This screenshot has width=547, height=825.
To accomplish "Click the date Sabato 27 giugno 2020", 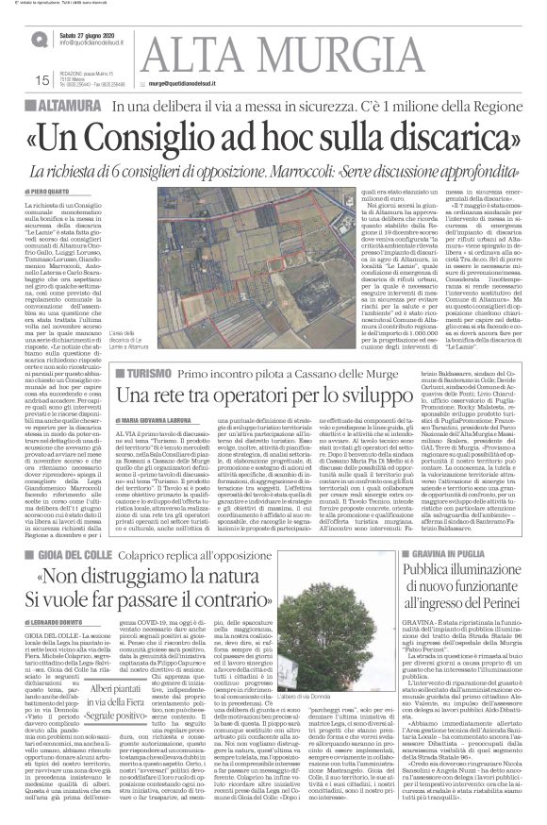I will point(91,37).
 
